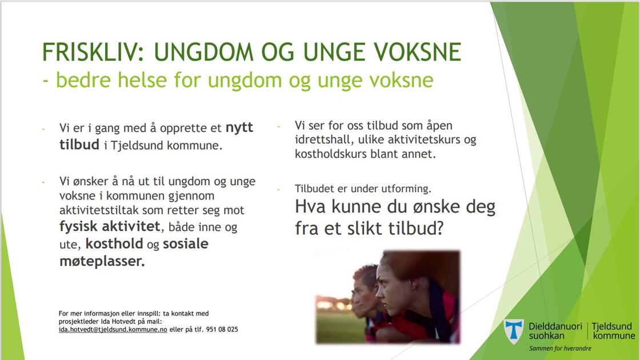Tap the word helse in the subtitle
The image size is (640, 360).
click(142, 79)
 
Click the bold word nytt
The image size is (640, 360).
click(239, 128)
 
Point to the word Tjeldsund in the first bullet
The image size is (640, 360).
click(137, 145)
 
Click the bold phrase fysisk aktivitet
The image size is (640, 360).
click(110, 226)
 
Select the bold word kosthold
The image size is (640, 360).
click(114, 243)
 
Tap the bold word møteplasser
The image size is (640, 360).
click(102, 261)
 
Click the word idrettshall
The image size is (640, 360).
click(324, 139)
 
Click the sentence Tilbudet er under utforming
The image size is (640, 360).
click(363, 189)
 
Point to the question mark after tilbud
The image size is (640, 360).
click(439, 228)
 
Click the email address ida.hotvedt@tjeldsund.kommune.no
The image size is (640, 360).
click(113, 329)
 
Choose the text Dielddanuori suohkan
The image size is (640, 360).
click(555, 331)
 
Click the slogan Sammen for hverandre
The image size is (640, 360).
click(560, 349)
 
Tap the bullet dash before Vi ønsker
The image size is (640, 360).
click(43, 182)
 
